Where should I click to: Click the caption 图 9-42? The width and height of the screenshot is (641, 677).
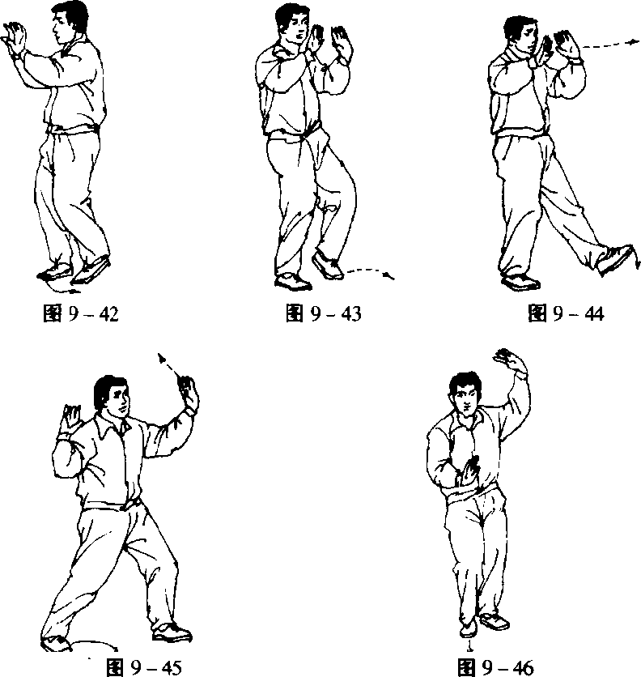(x=81, y=313)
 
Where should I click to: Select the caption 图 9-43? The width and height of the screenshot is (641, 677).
(x=323, y=313)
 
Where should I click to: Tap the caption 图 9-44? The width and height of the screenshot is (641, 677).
(x=566, y=313)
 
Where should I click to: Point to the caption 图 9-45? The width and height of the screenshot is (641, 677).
(x=144, y=667)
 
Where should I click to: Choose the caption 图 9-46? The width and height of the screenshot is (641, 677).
(x=495, y=667)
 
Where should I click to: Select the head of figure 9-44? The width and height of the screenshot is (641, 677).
(x=521, y=36)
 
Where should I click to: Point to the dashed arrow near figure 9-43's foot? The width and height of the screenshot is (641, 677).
(x=371, y=271)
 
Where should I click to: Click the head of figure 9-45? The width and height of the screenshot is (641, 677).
(x=112, y=396)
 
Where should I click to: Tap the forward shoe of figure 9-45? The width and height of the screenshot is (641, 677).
(x=172, y=632)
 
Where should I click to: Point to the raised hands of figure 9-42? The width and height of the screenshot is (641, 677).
(x=15, y=38)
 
